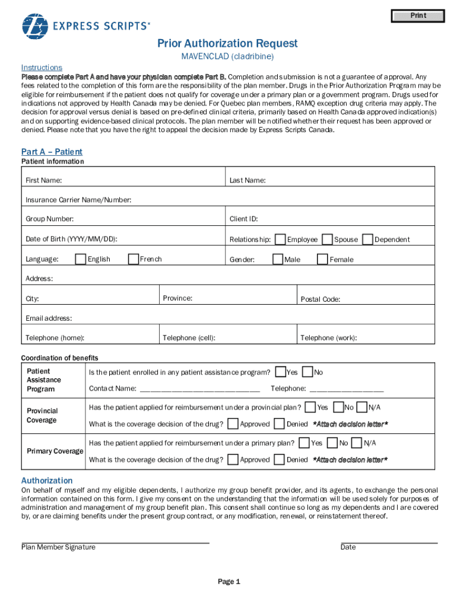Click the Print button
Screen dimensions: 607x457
click(418, 16)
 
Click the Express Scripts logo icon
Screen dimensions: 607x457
click(34, 25)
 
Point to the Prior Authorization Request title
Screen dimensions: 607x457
click(227, 43)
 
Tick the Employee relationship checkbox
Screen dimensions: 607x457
click(280, 239)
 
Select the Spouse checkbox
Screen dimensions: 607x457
click(326, 239)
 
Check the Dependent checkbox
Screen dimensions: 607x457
click(367, 239)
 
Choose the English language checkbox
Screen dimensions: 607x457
click(81, 258)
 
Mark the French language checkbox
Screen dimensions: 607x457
click(133, 258)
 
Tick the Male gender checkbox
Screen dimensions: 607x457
click(277, 259)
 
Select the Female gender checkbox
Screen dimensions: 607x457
click(322, 259)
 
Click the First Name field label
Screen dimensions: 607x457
click(43, 180)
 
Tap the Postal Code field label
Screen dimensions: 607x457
click(320, 299)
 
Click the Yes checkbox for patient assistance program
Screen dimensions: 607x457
click(281, 372)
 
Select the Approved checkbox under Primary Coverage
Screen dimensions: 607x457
click(233, 459)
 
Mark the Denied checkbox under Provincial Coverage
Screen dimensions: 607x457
click(280, 424)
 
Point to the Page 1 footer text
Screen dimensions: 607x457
click(228, 582)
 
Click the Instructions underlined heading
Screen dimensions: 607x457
click(42, 67)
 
